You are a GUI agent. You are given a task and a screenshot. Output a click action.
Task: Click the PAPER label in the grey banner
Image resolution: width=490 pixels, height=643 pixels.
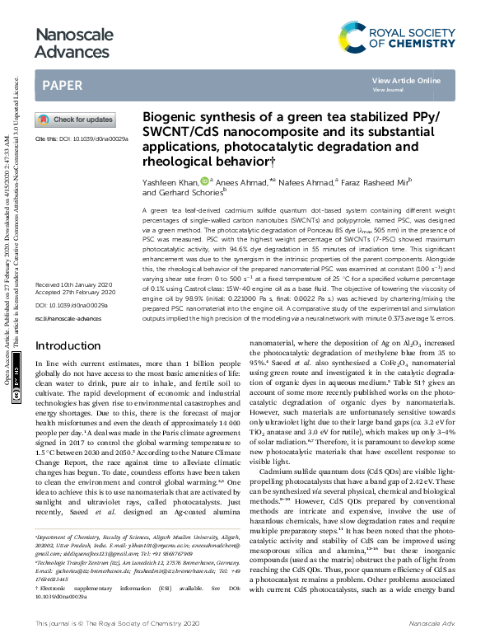click(x=62, y=85)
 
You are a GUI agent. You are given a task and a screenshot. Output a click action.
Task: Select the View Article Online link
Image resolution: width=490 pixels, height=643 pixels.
click(x=406, y=81)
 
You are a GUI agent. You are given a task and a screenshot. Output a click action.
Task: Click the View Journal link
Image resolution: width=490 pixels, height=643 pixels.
click(x=388, y=89)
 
